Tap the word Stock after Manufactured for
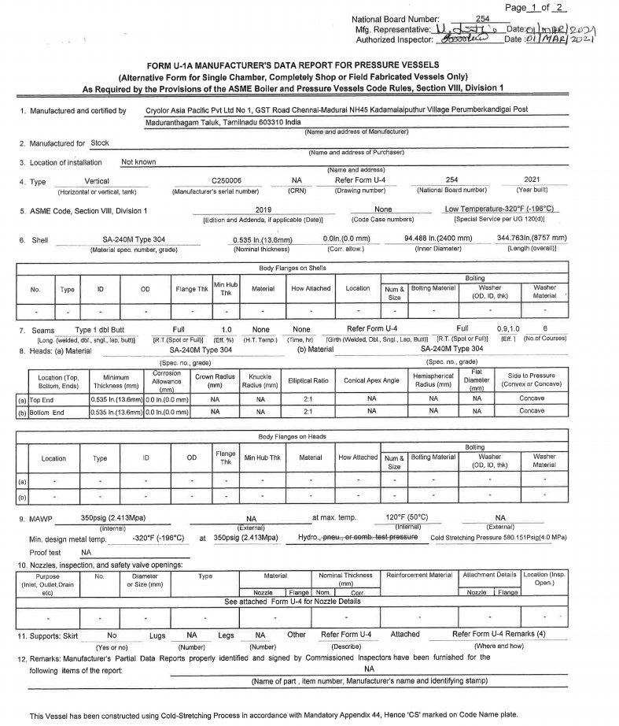pyautogui.click(x=100, y=143)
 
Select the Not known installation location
pyautogui.click(x=138, y=161)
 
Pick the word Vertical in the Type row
pyautogui.click(x=97, y=180)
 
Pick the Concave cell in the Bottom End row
pyautogui.click(x=531, y=411)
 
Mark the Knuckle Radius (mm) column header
pyautogui.click(x=260, y=381)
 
